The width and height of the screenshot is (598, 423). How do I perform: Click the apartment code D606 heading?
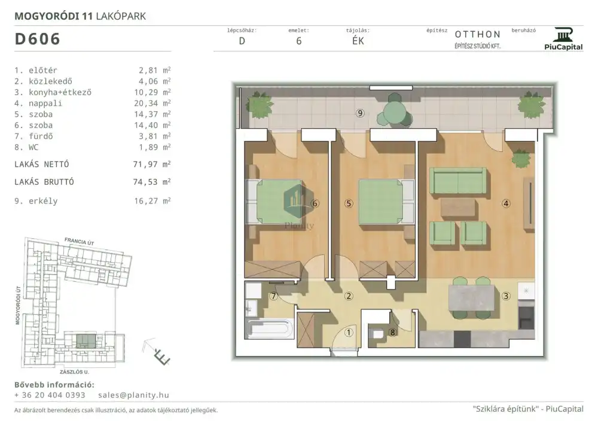tap(37, 39)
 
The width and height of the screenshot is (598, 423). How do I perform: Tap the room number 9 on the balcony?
tap(360, 113)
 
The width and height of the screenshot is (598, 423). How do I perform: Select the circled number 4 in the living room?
tap(506, 203)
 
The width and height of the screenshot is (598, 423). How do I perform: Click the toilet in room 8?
tap(377, 334)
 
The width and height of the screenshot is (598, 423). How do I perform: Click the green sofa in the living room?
tap(458, 181)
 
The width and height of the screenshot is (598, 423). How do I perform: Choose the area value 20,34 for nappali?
tap(146, 104)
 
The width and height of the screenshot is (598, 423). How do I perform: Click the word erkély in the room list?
tap(43, 201)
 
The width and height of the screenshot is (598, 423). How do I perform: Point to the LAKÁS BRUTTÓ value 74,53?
tap(145, 182)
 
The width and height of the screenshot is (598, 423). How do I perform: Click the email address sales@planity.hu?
tap(133, 395)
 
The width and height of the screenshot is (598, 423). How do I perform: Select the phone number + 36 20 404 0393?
tap(50, 395)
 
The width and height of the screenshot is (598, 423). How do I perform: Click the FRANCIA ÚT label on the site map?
tap(80, 241)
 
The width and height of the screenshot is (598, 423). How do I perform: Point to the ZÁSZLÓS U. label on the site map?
tap(74, 372)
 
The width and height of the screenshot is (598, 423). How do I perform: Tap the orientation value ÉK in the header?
tap(358, 41)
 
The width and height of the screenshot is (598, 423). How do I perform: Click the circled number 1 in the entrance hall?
tap(349, 333)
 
